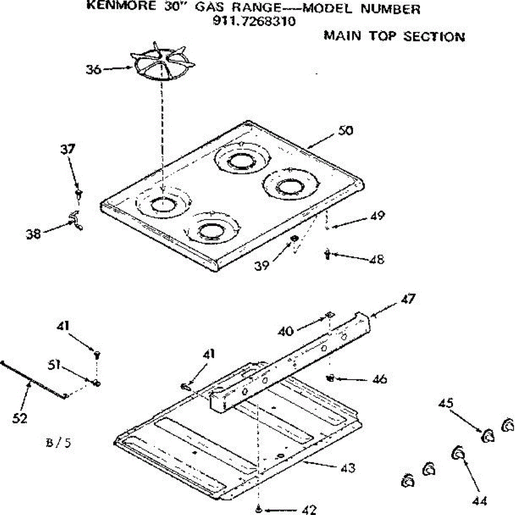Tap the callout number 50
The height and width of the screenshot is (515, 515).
click(x=345, y=130)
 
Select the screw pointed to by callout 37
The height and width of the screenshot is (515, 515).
click(x=79, y=194)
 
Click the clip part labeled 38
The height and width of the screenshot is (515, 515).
click(x=76, y=220)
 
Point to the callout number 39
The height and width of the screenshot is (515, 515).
click(x=262, y=266)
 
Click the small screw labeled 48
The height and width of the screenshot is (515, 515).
click(x=327, y=254)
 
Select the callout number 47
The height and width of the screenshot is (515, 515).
click(x=408, y=299)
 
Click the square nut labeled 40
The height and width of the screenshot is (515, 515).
click(x=329, y=315)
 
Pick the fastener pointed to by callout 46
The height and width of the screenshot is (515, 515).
click(x=331, y=378)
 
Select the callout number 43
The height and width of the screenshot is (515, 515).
click(x=348, y=468)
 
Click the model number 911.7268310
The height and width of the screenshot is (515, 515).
click(x=254, y=21)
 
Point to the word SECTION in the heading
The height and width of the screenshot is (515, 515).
click(x=434, y=36)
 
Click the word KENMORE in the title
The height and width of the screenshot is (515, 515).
click(x=121, y=6)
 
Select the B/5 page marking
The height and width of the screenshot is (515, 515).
click(x=58, y=443)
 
